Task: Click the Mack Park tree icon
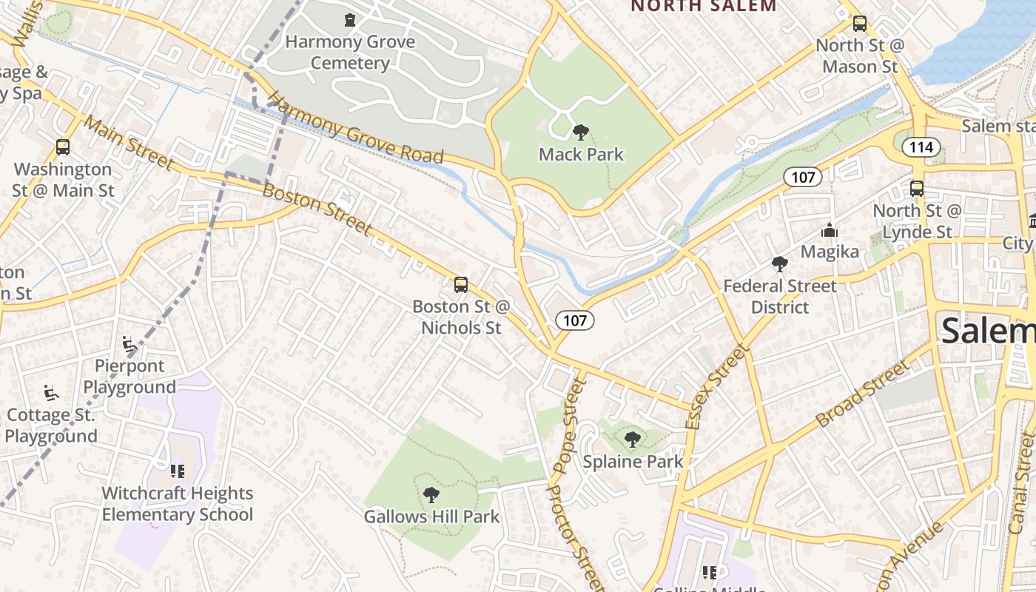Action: click(581, 132)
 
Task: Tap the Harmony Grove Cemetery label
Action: click(350, 52)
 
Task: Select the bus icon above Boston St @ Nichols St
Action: click(460, 284)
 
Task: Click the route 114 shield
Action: click(921, 147)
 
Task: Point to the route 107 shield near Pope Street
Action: click(574, 320)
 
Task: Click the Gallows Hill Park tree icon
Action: click(431, 494)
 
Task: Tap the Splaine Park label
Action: click(633, 462)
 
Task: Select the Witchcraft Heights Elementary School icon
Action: click(177, 471)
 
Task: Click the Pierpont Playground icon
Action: click(129, 344)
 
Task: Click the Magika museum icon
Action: click(829, 230)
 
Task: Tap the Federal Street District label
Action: click(779, 296)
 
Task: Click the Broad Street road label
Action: click(861, 394)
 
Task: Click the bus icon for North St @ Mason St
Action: click(859, 23)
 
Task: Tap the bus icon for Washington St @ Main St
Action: click(63, 147)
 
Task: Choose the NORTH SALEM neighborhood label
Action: click(703, 7)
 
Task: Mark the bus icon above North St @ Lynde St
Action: click(916, 188)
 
